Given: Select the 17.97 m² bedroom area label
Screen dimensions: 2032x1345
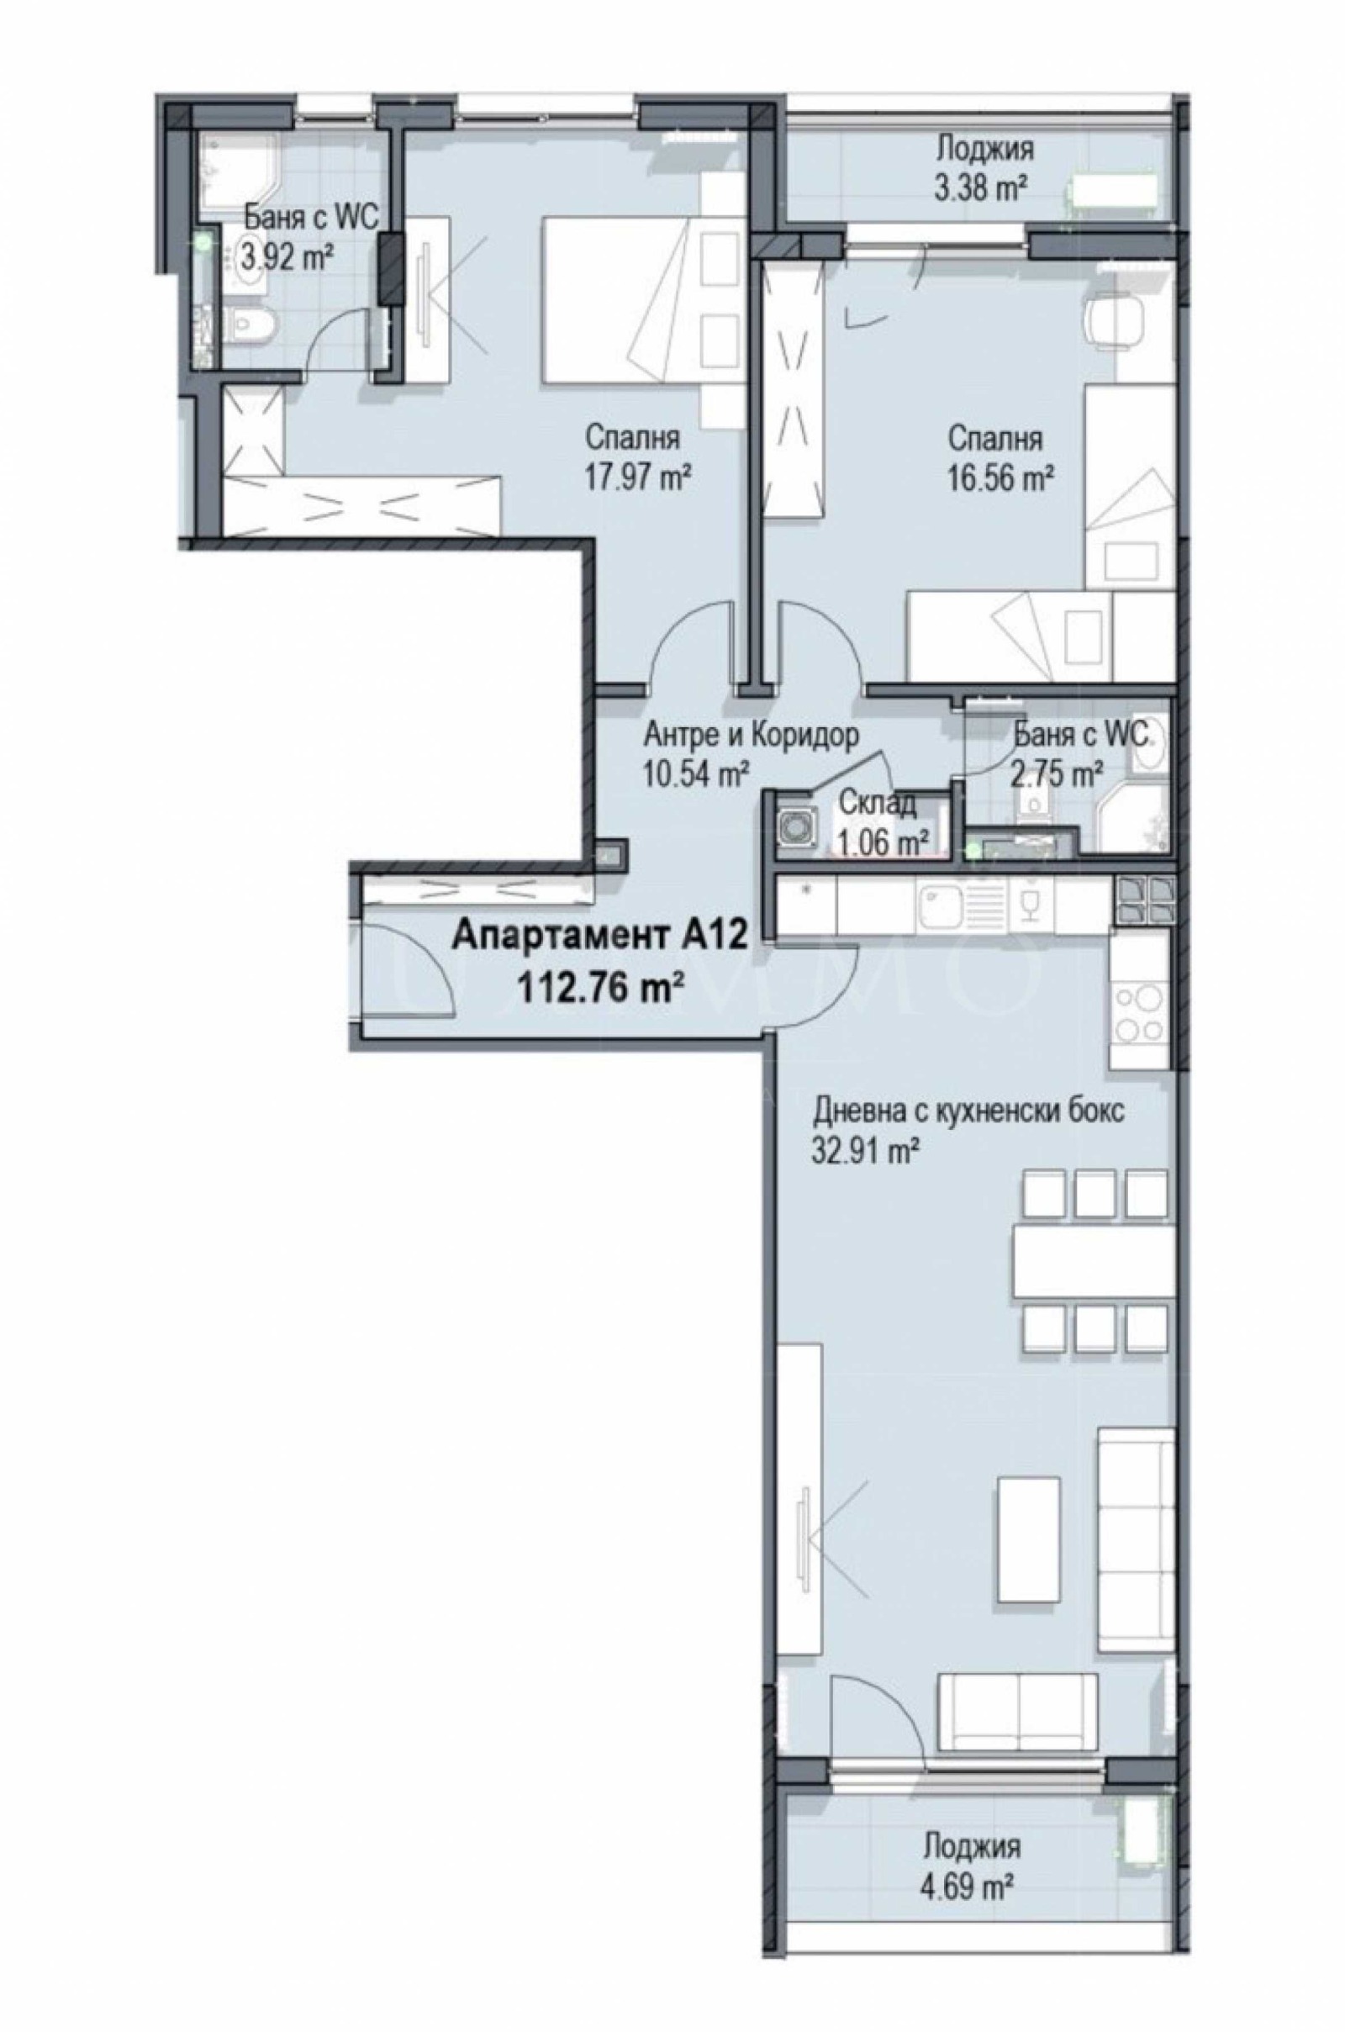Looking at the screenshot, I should pos(638,477).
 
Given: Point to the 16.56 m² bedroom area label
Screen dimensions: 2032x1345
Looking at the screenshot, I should pos(1000,477).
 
